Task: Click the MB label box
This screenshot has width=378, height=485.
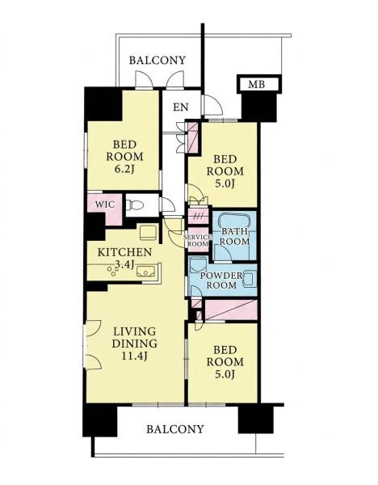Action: pyautogui.click(x=258, y=84)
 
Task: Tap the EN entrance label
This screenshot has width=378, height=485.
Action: pyautogui.click(x=181, y=107)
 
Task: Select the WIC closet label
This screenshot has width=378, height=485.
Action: pyautogui.click(x=104, y=205)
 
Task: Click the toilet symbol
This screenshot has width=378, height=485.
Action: pyautogui.click(x=136, y=205)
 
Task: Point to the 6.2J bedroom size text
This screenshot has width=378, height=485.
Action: pyautogui.click(x=124, y=169)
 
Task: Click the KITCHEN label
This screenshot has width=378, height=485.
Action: pyautogui.click(x=124, y=252)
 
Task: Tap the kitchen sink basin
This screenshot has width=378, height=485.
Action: pyautogui.click(x=146, y=272)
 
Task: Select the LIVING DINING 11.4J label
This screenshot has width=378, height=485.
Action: pyautogui.click(x=135, y=344)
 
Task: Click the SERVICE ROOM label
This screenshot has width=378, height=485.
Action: pyautogui.click(x=198, y=240)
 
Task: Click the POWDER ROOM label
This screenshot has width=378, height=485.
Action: pyautogui.click(x=221, y=280)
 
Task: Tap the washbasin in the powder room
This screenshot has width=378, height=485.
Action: pyautogui.click(x=250, y=279)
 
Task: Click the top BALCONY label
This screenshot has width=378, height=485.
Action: pyautogui.click(x=157, y=60)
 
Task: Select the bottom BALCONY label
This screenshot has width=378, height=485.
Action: pyautogui.click(x=175, y=429)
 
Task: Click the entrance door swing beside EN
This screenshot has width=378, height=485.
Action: pyautogui.click(x=212, y=105)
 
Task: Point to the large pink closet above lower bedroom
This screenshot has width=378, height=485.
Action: pyautogui.click(x=231, y=310)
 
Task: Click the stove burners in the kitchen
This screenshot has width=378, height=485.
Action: pyautogui.click(x=111, y=272)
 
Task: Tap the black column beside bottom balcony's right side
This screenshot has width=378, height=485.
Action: pyautogui.click(x=256, y=420)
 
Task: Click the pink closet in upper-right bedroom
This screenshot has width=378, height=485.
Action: pyautogui.click(x=193, y=137)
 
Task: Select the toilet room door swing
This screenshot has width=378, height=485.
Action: pyautogui.click(x=167, y=205)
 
